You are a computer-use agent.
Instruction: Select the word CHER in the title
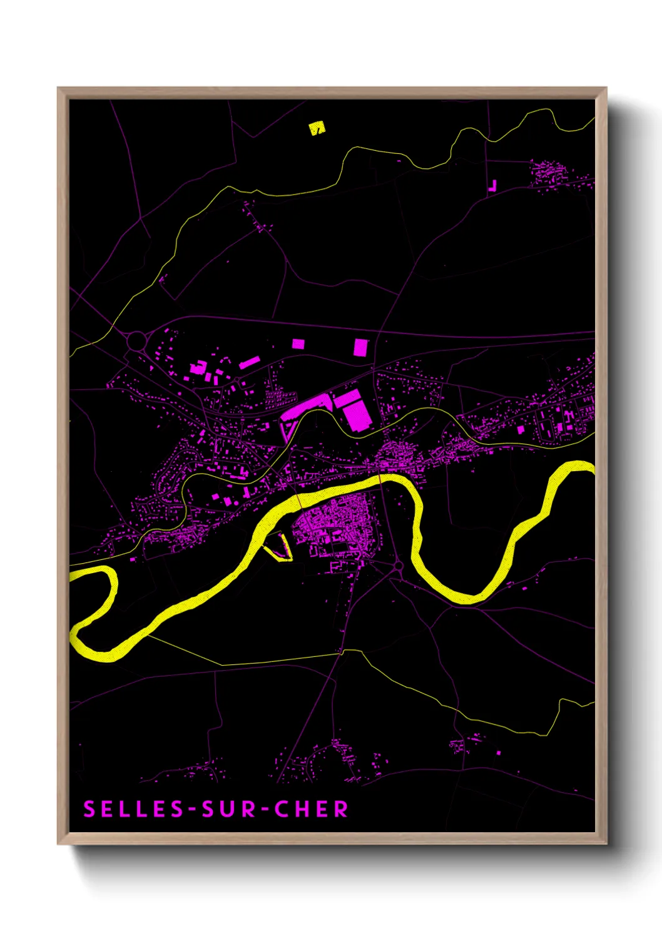(x=311, y=810)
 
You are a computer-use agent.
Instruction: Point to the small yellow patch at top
(x=317, y=128)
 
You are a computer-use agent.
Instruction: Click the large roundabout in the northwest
(x=136, y=341)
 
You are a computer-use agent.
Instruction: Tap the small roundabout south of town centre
(x=399, y=566)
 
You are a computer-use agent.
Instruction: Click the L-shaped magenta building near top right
(x=493, y=186)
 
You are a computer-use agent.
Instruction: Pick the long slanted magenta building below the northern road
(x=250, y=362)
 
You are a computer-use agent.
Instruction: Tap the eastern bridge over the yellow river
(x=380, y=479)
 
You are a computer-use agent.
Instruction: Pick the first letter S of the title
(x=89, y=810)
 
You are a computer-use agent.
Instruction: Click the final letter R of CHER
(x=341, y=810)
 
